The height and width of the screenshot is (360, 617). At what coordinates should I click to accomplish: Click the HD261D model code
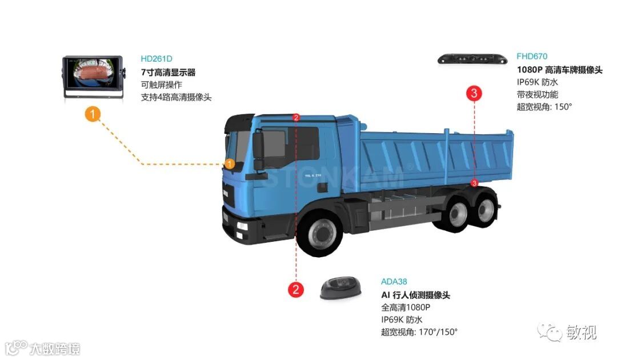(x=156, y=59)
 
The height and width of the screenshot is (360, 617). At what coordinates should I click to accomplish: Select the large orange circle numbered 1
(x=93, y=114)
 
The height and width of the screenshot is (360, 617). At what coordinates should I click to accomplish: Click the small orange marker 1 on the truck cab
(x=229, y=164)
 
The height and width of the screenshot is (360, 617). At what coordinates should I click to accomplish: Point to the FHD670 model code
(x=532, y=56)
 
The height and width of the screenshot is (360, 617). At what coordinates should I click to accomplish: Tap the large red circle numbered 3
(x=475, y=93)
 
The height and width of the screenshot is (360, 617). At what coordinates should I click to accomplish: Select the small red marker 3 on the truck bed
(x=474, y=183)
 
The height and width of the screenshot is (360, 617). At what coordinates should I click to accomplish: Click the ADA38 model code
(x=394, y=282)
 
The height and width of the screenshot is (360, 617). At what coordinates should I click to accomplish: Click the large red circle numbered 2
(x=295, y=289)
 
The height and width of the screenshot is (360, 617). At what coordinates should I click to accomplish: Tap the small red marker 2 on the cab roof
(x=296, y=118)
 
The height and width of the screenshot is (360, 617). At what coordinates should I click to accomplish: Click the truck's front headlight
(x=243, y=226)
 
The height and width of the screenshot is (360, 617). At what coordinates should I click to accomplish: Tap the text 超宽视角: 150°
(x=544, y=107)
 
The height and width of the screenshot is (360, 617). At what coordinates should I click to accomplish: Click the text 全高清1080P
(x=405, y=307)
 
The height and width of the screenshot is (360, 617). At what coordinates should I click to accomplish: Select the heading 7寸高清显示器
(x=168, y=73)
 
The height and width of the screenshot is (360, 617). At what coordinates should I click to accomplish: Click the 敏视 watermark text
(x=581, y=332)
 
